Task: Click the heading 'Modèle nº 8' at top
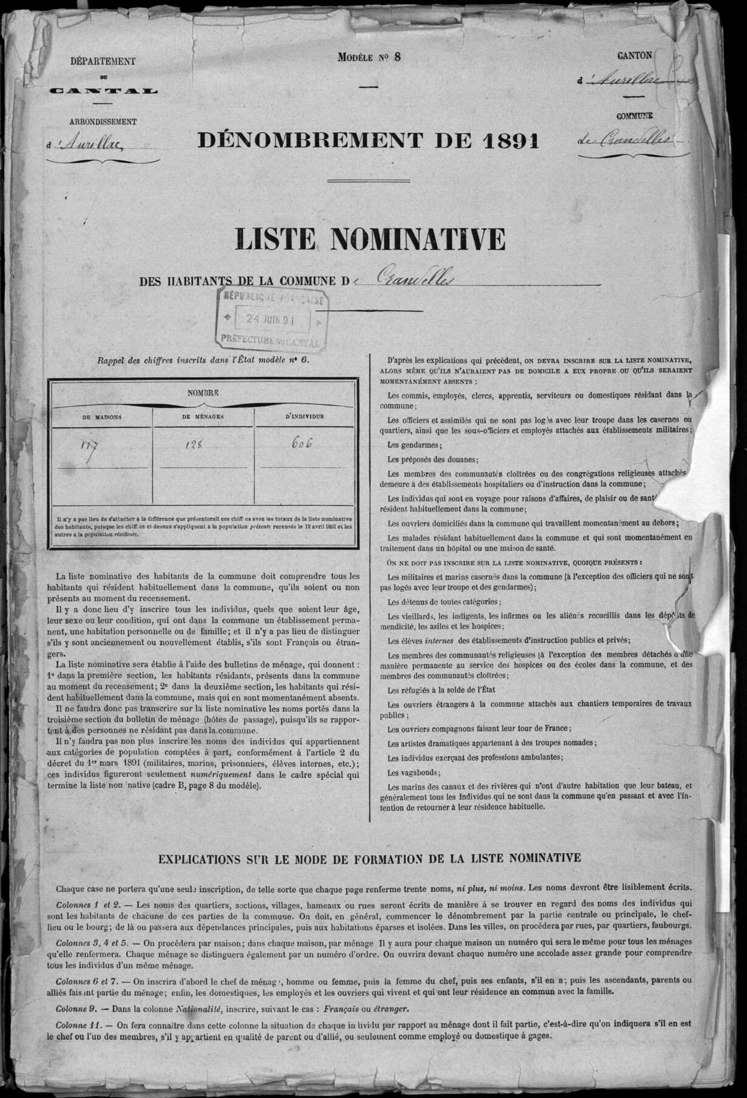pos(369,57)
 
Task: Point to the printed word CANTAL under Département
pos(103,91)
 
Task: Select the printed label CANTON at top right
pos(634,55)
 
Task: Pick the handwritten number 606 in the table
pos(301,444)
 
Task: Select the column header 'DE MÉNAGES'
pos(203,417)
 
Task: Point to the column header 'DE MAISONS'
pos(102,417)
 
